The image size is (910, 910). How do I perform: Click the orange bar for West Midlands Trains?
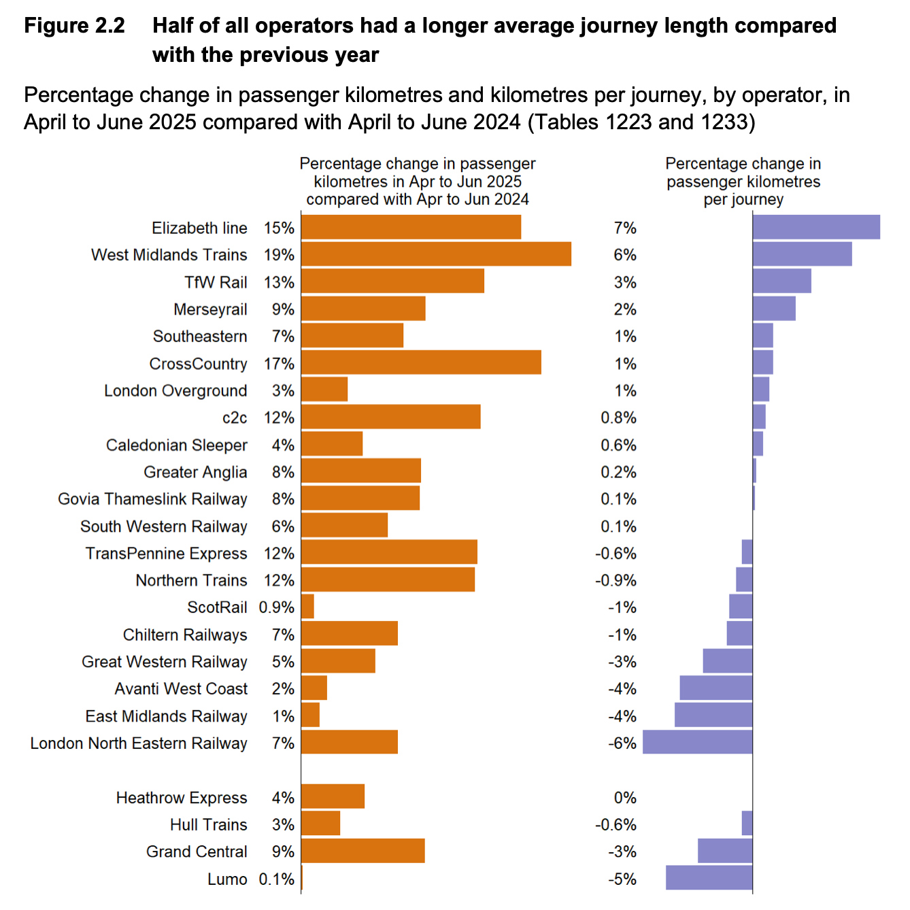435,254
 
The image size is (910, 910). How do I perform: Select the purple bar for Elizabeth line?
815,227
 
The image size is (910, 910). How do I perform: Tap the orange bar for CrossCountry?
421,363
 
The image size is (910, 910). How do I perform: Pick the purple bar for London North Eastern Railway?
697,743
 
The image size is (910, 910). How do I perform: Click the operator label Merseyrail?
210,309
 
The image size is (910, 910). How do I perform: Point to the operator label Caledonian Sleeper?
176,445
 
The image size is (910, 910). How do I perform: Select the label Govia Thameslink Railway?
152,499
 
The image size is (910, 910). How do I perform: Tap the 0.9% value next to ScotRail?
276,607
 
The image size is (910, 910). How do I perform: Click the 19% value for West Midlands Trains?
279,255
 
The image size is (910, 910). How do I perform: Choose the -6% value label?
622,743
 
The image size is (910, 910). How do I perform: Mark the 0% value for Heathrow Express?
624,798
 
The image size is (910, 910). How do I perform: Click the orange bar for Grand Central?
363,851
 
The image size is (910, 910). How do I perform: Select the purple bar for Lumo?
709,878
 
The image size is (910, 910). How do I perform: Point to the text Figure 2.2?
75,26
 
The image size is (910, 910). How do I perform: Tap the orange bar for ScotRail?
307,607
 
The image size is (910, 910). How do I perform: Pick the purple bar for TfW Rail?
781,281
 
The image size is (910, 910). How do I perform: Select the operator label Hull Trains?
208,825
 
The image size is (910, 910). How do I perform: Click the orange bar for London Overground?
324,390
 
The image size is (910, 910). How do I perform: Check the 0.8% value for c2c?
618,418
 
